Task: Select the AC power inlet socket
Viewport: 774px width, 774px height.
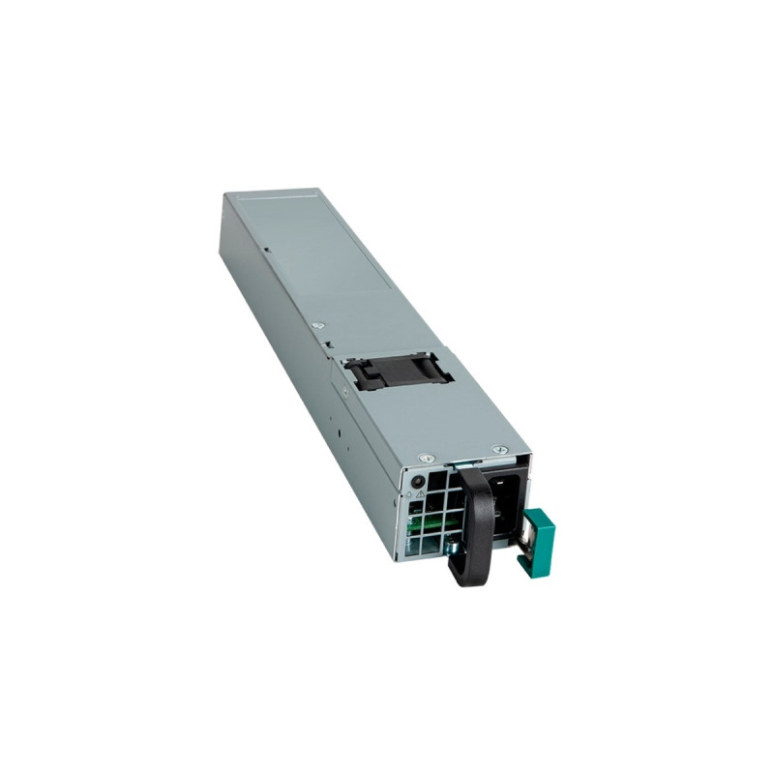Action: point(502,504)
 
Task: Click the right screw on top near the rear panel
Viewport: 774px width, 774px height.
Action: point(499,449)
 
